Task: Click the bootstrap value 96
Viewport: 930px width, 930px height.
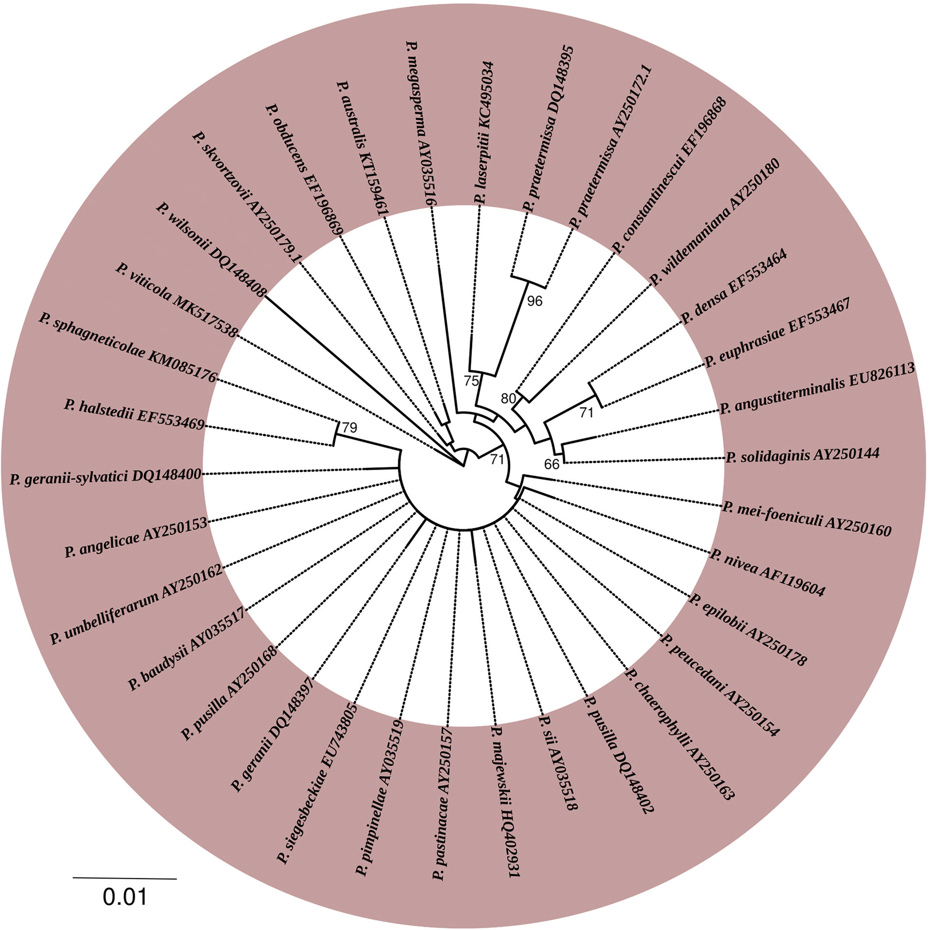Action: coord(534,301)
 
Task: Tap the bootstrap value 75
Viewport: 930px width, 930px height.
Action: coord(471,381)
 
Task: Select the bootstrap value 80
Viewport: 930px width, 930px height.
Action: coord(508,399)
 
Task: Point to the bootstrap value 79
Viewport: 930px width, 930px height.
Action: coord(350,428)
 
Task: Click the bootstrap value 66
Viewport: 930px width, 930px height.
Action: coord(552,463)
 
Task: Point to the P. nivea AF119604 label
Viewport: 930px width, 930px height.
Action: coord(767,573)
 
